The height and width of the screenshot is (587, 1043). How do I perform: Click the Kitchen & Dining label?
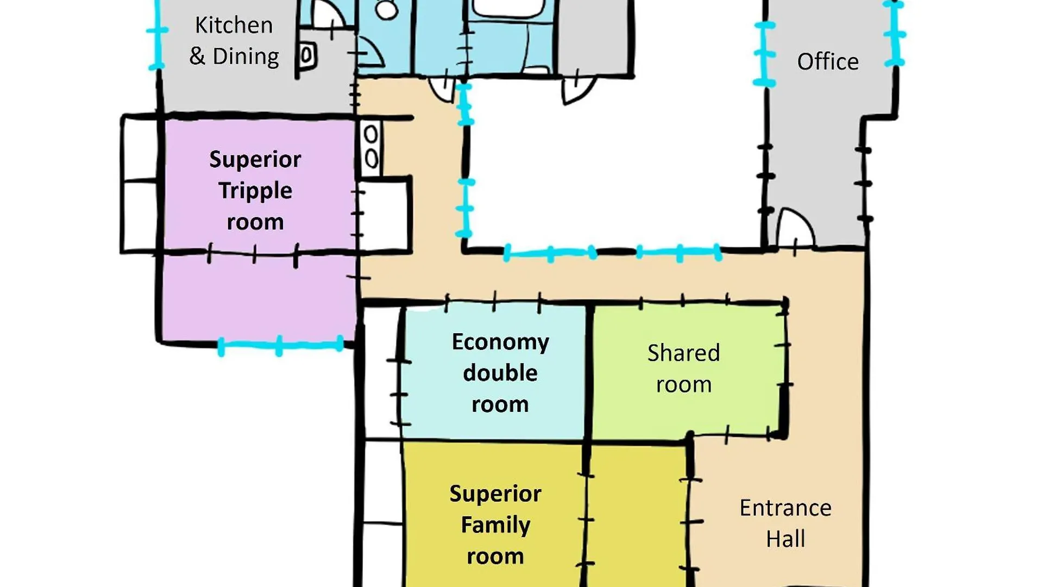tap(234, 41)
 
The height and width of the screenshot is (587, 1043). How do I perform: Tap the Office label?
tap(828, 61)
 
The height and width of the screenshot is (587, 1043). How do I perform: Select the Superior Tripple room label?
tap(255, 191)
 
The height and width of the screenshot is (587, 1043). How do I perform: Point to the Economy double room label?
tap(500, 373)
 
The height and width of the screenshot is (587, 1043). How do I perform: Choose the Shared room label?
tap(683, 369)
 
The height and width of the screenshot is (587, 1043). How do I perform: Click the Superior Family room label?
tap(495, 525)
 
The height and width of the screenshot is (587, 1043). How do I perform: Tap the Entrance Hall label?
tap(786, 523)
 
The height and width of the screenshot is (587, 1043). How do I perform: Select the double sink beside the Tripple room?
tap(371, 147)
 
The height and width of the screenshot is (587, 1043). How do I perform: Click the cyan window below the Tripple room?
tap(280, 345)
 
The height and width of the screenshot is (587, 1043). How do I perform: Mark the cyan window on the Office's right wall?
tap(894, 34)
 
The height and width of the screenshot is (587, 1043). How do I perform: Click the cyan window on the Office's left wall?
tap(764, 54)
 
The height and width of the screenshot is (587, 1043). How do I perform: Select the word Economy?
tap(500, 342)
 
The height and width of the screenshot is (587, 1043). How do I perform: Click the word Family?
tap(495, 526)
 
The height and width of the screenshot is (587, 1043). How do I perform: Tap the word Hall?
tap(786, 539)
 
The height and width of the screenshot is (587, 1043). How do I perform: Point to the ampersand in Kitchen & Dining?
tap(197, 56)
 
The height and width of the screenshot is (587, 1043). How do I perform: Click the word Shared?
tap(683, 353)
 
